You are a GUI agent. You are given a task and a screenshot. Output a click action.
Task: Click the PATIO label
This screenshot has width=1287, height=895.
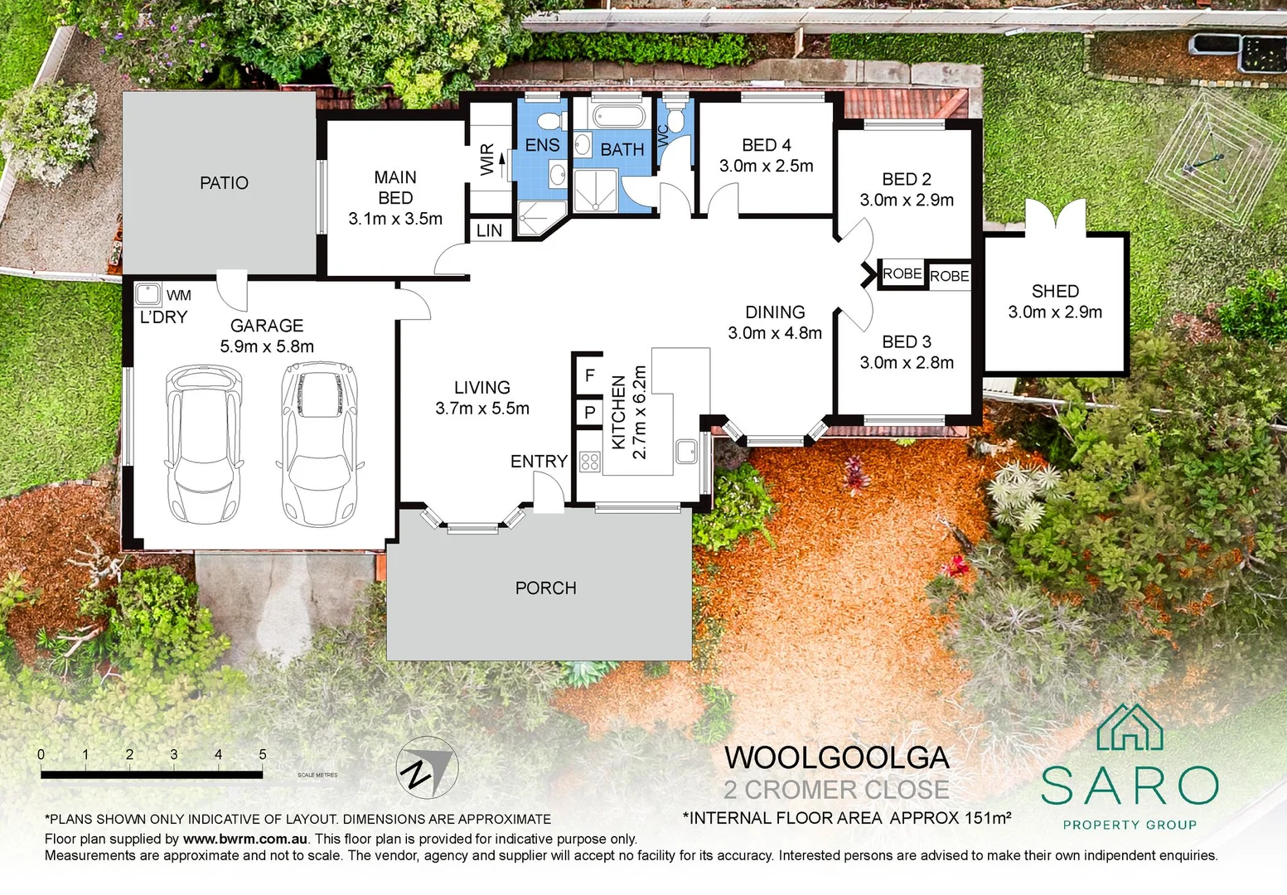coord(224,182)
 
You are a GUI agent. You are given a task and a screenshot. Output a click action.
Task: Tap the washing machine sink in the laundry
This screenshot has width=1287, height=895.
coord(148,294)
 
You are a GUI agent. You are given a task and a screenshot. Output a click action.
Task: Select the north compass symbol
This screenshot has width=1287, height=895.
coord(427,767)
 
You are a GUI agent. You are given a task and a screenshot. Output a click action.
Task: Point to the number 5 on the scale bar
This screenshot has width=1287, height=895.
coord(263,754)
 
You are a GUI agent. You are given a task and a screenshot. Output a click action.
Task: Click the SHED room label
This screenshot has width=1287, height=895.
coord(1055,291)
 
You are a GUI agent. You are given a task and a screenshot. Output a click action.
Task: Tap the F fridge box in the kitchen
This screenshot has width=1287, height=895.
coord(589,375)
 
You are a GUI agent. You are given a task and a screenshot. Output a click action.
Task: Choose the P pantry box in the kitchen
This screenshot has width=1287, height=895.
coord(589,413)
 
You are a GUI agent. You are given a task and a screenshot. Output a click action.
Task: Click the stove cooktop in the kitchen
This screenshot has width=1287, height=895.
coord(590,462)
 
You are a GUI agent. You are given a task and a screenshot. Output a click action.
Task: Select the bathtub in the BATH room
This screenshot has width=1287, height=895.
coord(618,116)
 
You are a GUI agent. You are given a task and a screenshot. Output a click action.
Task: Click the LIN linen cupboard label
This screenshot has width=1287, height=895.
coord(489,230)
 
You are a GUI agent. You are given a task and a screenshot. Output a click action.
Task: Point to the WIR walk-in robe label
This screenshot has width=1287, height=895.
coord(487,160)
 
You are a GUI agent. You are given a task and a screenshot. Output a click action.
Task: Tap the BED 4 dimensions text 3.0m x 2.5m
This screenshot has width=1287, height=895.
coord(767,166)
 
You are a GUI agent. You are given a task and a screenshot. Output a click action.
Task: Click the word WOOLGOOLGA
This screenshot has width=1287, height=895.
coord(836,757)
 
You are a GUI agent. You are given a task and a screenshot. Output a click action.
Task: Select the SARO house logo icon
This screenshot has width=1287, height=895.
coord(1130,727)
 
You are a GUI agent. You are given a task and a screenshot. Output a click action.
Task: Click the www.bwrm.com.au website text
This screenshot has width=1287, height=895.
coord(245,839)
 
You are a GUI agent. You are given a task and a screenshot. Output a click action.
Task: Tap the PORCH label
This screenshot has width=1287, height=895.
coord(546,588)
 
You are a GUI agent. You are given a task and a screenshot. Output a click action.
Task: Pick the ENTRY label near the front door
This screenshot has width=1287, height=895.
coord(539,462)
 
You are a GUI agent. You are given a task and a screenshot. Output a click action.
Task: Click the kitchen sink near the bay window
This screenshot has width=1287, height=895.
coord(686,452)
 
